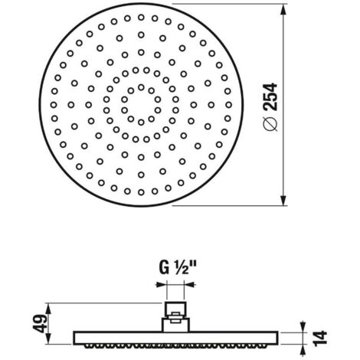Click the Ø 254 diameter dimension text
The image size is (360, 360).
tap(270, 106)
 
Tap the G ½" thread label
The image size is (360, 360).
tap(178, 268)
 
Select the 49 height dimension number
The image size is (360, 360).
tap(41, 323)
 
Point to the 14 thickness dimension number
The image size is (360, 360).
tap(320, 339)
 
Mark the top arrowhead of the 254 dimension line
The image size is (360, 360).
tap(283, 10)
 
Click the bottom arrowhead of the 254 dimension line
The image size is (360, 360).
tap(283, 199)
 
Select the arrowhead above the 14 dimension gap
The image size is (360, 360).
tap(303, 326)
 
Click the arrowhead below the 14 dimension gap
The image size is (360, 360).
tap(303, 350)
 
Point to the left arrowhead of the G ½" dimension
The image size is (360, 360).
tap(161, 284)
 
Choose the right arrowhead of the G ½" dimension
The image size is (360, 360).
tap(189, 284)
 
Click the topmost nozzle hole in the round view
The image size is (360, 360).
tap(141, 18)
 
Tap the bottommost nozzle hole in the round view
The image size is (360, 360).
tap(141, 192)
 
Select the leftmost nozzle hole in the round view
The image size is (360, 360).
tap(54, 105)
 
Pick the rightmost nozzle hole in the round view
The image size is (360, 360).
tap(229, 105)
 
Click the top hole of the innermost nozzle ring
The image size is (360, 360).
tap(141, 87)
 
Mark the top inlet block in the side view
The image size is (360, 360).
tap(175, 309)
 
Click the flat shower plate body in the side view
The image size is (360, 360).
tap(175, 339)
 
